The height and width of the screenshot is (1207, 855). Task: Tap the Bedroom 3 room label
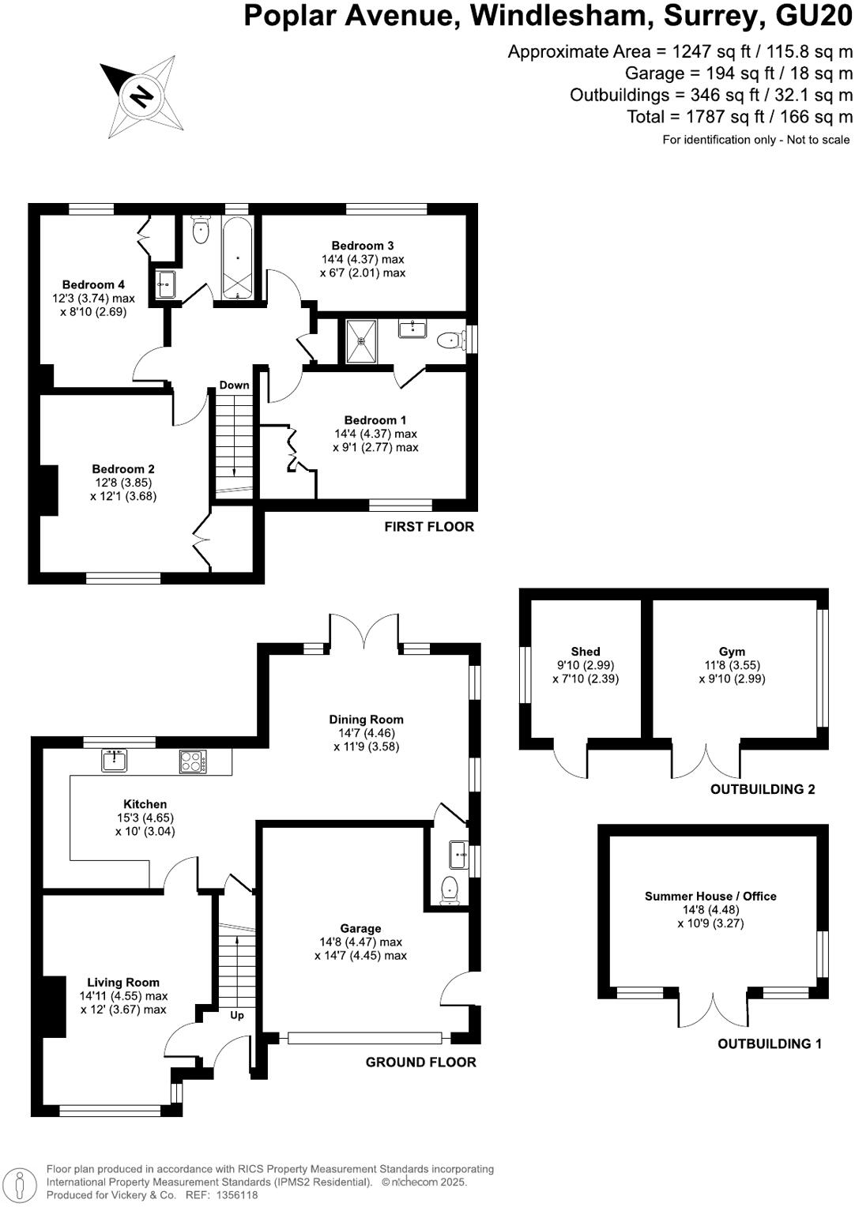(x=363, y=246)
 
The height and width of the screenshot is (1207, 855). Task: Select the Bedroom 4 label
(x=93, y=284)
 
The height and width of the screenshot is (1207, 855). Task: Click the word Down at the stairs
(x=235, y=385)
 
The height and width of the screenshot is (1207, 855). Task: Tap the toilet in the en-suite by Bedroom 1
(x=450, y=340)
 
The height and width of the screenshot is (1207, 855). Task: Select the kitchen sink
(x=115, y=761)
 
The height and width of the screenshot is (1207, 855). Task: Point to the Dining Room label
(x=367, y=720)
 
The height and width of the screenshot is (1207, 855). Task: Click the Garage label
(x=360, y=929)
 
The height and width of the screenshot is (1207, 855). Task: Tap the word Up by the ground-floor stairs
(x=237, y=1015)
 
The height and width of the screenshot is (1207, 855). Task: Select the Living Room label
(x=123, y=983)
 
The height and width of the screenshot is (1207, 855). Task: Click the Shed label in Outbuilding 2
(x=586, y=652)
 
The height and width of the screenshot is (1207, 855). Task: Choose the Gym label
(x=732, y=652)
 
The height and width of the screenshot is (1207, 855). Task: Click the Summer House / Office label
(x=710, y=897)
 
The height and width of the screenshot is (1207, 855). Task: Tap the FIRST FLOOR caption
(x=429, y=527)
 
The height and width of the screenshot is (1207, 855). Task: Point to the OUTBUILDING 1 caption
(x=769, y=1044)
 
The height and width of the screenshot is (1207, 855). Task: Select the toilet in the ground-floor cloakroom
(x=450, y=888)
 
